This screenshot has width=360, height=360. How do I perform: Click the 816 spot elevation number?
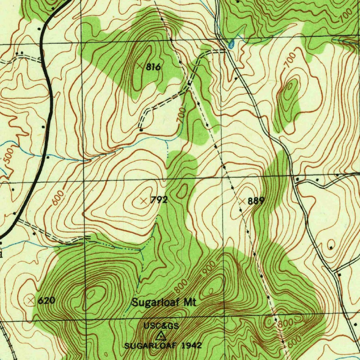click(153, 67)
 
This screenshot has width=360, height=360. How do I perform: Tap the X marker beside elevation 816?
click(140, 66)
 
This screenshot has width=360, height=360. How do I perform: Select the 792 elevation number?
click(159, 201)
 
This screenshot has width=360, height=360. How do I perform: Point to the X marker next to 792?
click(143, 201)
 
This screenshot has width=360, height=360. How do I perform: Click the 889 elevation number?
click(256, 201)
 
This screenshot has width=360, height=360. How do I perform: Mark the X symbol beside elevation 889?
click(242, 201)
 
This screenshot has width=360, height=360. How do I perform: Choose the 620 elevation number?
click(46, 301)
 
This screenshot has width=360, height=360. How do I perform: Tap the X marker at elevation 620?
click(31, 300)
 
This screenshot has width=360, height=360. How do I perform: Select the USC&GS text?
click(161, 326)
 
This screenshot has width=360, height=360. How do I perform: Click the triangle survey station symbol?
click(161, 335)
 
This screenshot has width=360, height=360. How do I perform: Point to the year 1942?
click(192, 346)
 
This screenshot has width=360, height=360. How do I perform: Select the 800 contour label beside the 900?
click(181, 286)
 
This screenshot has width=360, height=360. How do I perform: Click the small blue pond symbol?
click(231, 44)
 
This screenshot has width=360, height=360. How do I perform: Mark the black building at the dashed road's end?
click(141, 130)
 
